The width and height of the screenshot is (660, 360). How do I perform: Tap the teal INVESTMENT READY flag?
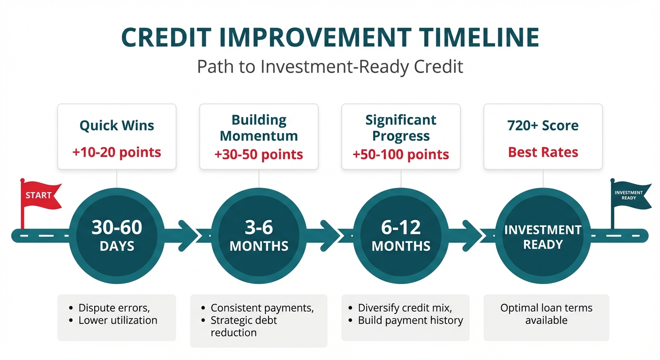(x=631, y=195)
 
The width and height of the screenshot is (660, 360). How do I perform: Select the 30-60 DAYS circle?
(x=117, y=236)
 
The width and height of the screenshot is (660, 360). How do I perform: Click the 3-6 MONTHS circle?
(x=259, y=236)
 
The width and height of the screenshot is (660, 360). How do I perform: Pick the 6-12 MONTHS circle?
(x=401, y=236)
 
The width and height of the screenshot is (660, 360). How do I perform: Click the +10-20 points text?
(x=117, y=152)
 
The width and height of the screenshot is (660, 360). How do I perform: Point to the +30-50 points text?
(x=259, y=155)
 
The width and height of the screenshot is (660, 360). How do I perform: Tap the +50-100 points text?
(x=401, y=155)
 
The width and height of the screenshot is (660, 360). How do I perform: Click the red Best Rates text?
(x=543, y=152)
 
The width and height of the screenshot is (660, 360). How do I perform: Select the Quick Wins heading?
(x=117, y=126)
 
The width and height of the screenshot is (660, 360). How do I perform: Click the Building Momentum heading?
(x=259, y=128)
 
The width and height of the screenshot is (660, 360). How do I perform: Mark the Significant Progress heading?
(x=401, y=128)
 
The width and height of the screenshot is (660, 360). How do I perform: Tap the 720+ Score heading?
(x=543, y=126)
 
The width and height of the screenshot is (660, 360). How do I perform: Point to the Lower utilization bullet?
(x=118, y=320)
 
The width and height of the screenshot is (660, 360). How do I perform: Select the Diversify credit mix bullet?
(x=405, y=308)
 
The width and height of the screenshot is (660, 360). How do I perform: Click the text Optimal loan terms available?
(x=546, y=314)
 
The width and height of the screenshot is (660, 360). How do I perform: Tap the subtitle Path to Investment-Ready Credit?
(x=330, y=67)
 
